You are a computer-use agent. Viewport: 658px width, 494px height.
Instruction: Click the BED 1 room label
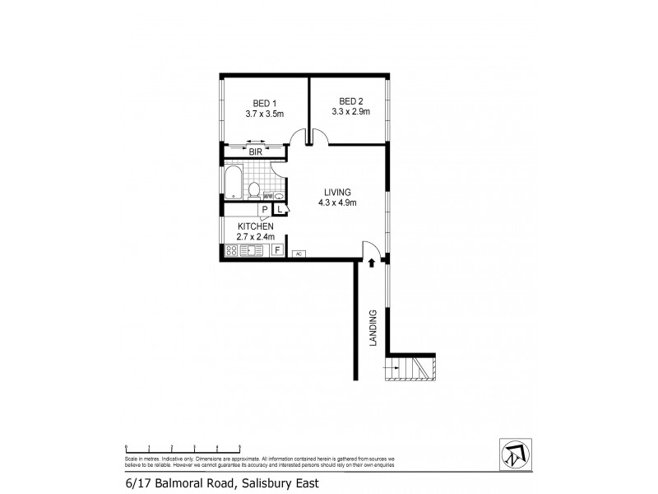tap(264, 102)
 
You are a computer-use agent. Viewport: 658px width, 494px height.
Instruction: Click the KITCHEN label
tap(255, 226)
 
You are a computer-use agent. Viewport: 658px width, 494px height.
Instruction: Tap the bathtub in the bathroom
tap(234, 183)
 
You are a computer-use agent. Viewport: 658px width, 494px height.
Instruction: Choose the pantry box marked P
tap(266, 210)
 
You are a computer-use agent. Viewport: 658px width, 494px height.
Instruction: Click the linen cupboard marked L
tap(280, 209)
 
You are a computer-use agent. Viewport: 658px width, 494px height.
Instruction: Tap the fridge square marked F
tap(278, 250)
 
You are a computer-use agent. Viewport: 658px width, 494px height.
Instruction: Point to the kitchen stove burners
tap(231, 251)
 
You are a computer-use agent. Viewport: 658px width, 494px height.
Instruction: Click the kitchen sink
tap(252, 251)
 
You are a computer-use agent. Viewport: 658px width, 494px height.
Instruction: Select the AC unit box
tap(299, 253)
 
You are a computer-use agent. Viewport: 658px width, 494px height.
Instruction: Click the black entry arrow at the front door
tap(373, 263)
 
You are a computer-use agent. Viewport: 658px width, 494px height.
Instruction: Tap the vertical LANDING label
tap(373, 328)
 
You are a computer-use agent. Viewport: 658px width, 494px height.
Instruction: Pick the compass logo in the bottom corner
tap(514, 454)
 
